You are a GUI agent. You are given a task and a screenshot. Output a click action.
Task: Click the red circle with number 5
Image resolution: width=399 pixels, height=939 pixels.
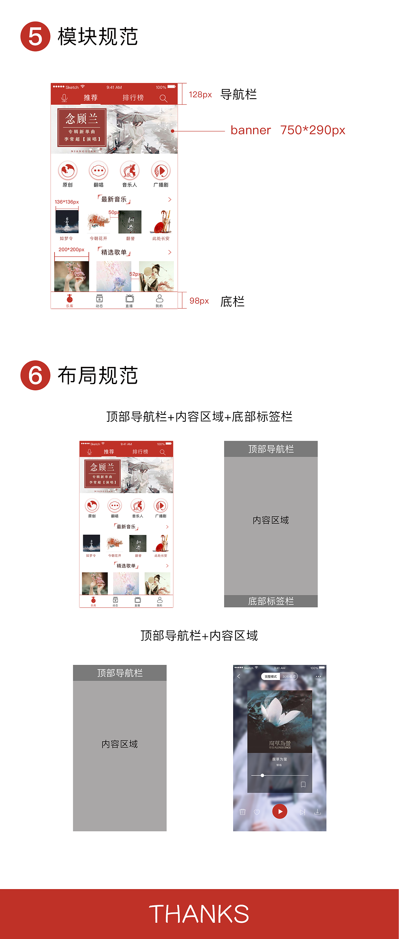click(x=35, y=36)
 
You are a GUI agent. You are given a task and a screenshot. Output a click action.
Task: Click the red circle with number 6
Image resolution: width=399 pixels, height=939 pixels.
click(x=35, y=375)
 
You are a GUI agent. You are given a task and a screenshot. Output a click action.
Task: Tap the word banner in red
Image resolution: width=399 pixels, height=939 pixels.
click(x=251, y=130)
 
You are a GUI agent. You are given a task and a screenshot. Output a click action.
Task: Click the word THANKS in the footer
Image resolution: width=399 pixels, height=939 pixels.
click(x=199, y=913)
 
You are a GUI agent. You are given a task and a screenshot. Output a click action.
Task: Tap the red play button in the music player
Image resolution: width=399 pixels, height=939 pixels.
click(x=280, y=811)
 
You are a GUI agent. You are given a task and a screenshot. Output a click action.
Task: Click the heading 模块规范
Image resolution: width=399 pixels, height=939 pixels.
click(x=98, y=36)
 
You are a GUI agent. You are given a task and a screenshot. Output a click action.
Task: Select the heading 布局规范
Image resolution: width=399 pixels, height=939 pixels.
click(x=98, y=375)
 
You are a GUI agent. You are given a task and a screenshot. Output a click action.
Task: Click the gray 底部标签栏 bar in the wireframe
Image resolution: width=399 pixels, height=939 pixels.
click(x=271, y=601)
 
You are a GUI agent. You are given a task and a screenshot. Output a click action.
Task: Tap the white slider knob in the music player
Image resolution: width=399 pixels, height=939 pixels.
click(x=262, y=775)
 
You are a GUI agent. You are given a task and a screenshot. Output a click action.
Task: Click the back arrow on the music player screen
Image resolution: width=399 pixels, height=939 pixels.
click(x=239, y=677)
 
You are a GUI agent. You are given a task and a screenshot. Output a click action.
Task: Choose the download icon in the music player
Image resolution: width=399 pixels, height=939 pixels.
click(x=317, y=812)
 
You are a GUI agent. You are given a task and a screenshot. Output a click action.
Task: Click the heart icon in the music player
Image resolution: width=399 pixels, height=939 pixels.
click(x=257, y=812)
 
